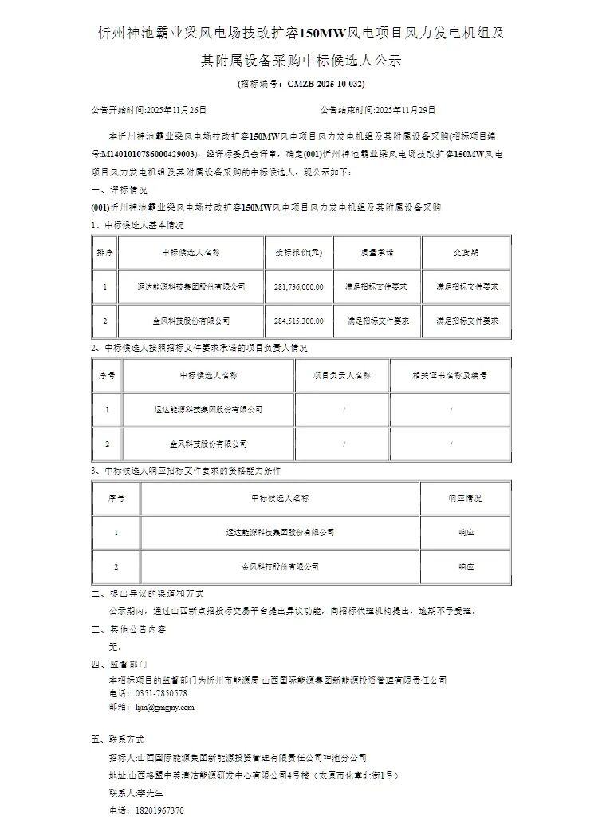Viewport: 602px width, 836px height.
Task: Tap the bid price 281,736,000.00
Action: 298,286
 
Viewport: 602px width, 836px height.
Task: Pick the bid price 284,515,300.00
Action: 298,321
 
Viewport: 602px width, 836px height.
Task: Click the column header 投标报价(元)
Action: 298,252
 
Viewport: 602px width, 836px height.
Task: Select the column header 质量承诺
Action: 377,252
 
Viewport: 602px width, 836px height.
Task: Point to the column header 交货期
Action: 466,252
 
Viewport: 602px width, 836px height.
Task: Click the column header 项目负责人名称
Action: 342,374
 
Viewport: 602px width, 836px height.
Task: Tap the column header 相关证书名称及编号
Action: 451,374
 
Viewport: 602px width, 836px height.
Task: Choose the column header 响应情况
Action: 466,497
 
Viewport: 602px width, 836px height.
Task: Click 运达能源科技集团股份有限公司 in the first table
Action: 191,286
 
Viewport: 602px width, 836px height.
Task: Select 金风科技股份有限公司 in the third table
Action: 280,566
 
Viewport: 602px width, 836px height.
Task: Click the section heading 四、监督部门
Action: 120,664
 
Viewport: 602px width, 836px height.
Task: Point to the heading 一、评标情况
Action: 120,191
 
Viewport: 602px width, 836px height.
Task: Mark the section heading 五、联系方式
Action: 120,740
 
